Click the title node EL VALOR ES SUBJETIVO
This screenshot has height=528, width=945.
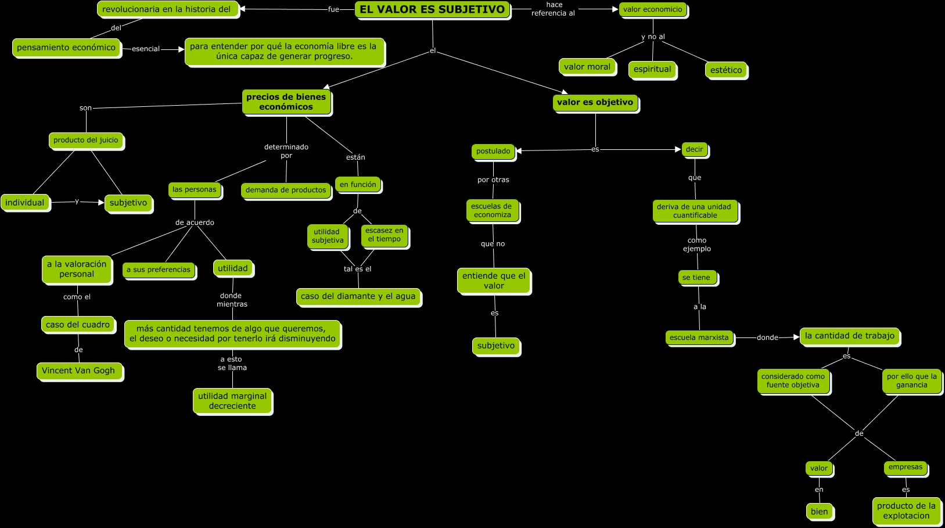tap(432, 9)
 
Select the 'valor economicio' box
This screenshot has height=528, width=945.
tap(653, 9)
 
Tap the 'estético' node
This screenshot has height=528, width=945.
tap(726, 70)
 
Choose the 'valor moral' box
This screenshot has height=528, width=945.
tap(587, 67)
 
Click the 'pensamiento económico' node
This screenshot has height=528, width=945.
tap(66, 48)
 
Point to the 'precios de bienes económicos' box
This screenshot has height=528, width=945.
tap(286, 102)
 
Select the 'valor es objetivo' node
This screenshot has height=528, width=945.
tap(595, 102)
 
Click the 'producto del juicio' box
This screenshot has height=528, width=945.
tap(86, 140)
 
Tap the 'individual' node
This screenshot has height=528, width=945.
tap(25, 203)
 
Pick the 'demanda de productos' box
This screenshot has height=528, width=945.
tap(286, 190)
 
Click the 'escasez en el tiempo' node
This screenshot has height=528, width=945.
tap(384, 235)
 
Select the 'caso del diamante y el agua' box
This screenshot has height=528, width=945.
tap(358, 296)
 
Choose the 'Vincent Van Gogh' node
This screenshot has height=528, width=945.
tap(78, 371)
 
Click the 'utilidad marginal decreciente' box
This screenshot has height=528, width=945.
tap(232, 401)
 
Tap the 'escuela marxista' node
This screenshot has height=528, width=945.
tap(699, 337)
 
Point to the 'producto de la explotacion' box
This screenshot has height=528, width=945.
tap(906, 511)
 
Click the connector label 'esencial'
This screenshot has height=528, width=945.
tap(146, 49)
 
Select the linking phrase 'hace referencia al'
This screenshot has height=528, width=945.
tap(554, 9)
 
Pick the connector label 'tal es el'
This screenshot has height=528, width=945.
tap(357, 269)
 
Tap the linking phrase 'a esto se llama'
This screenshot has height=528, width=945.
tap(232, 363)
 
